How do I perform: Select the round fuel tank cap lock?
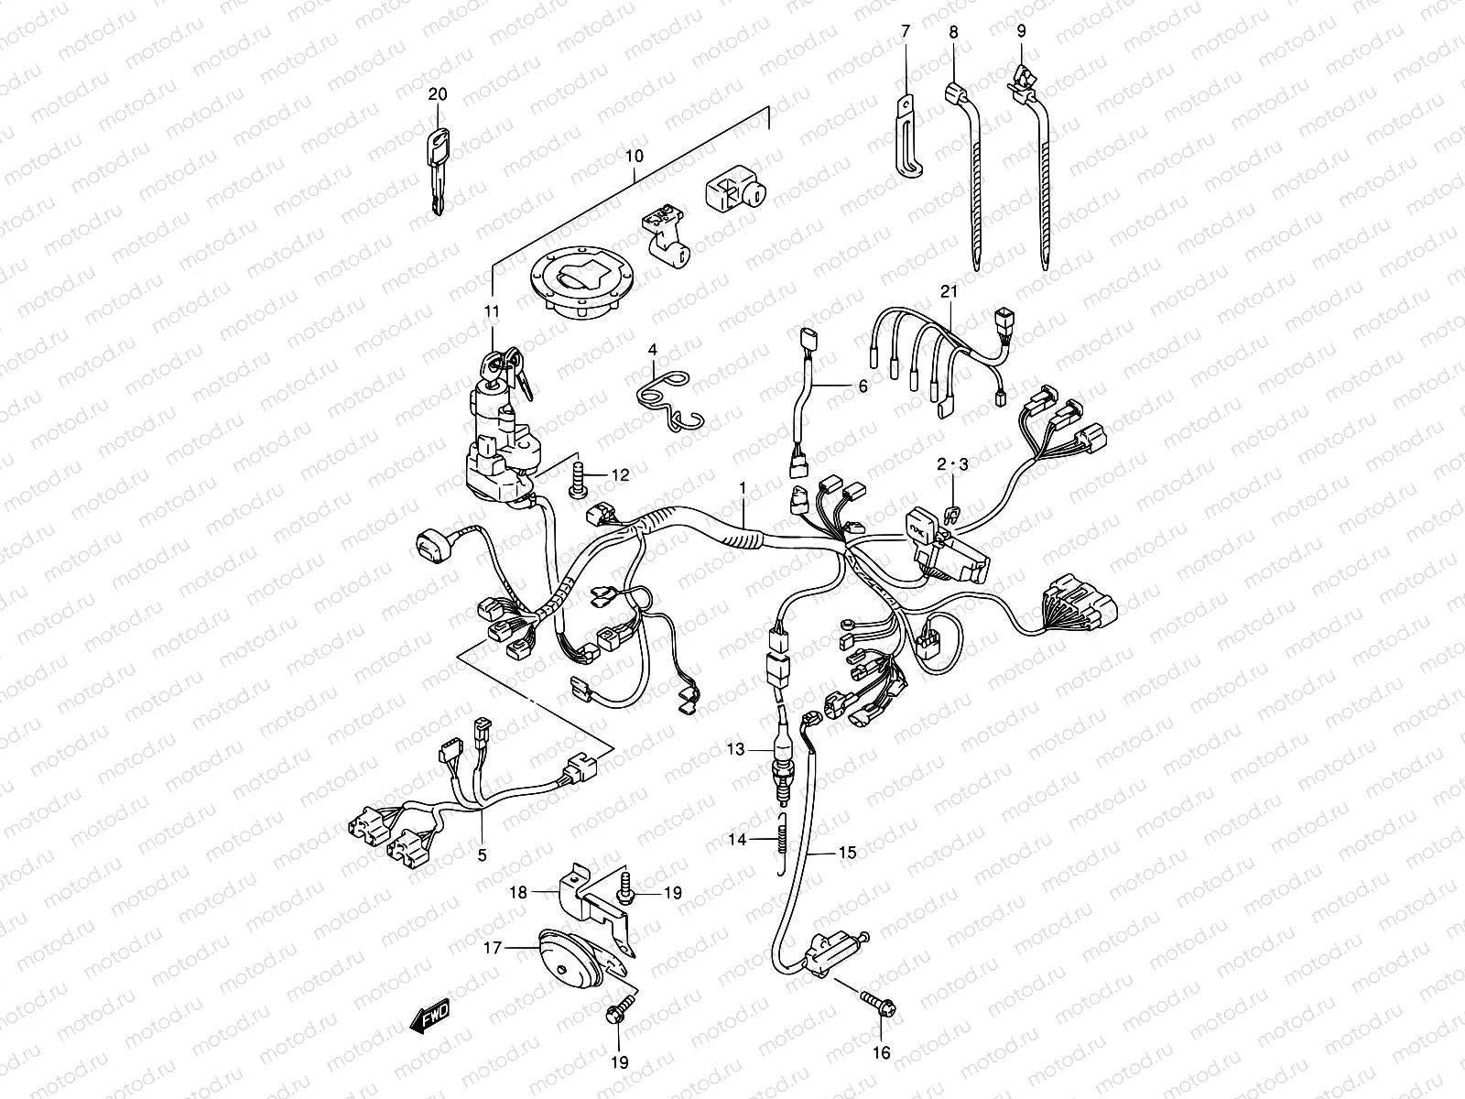(x=581, y=284)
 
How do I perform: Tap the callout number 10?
(x=634, y=156)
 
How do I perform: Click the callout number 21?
(x=949, y=291)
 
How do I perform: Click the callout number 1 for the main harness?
(x=743, y=489)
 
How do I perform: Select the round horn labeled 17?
(x=571, y=959)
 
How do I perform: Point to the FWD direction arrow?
(x=429, y=1017)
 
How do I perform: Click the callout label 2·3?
(x=952, y=464)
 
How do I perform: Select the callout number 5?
(x=482, y=854)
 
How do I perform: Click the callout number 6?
(x=863, y=386)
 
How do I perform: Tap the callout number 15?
(x=847, y=852)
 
